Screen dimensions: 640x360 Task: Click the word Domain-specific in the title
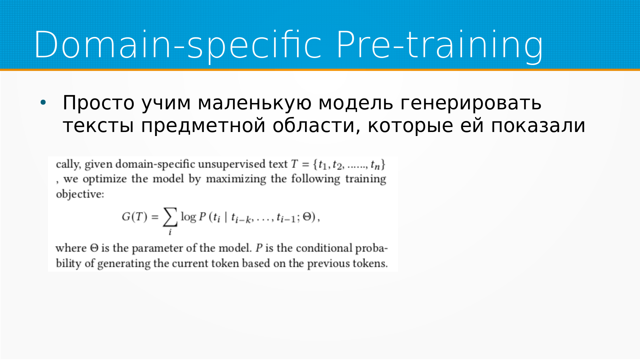pos(178,45)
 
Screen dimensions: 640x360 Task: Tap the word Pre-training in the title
pos(440,45)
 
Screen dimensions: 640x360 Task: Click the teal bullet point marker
pos(43,102)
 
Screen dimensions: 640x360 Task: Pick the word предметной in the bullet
pos(203,126)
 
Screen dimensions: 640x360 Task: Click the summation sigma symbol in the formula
pos(170,217)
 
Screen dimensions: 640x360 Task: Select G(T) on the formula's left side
pos(134,217)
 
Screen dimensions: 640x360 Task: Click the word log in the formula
pos(188,217)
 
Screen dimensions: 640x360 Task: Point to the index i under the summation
pos(170,232)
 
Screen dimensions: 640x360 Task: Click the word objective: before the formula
pos(80,194)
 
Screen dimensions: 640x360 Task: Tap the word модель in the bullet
pos(356,103)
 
